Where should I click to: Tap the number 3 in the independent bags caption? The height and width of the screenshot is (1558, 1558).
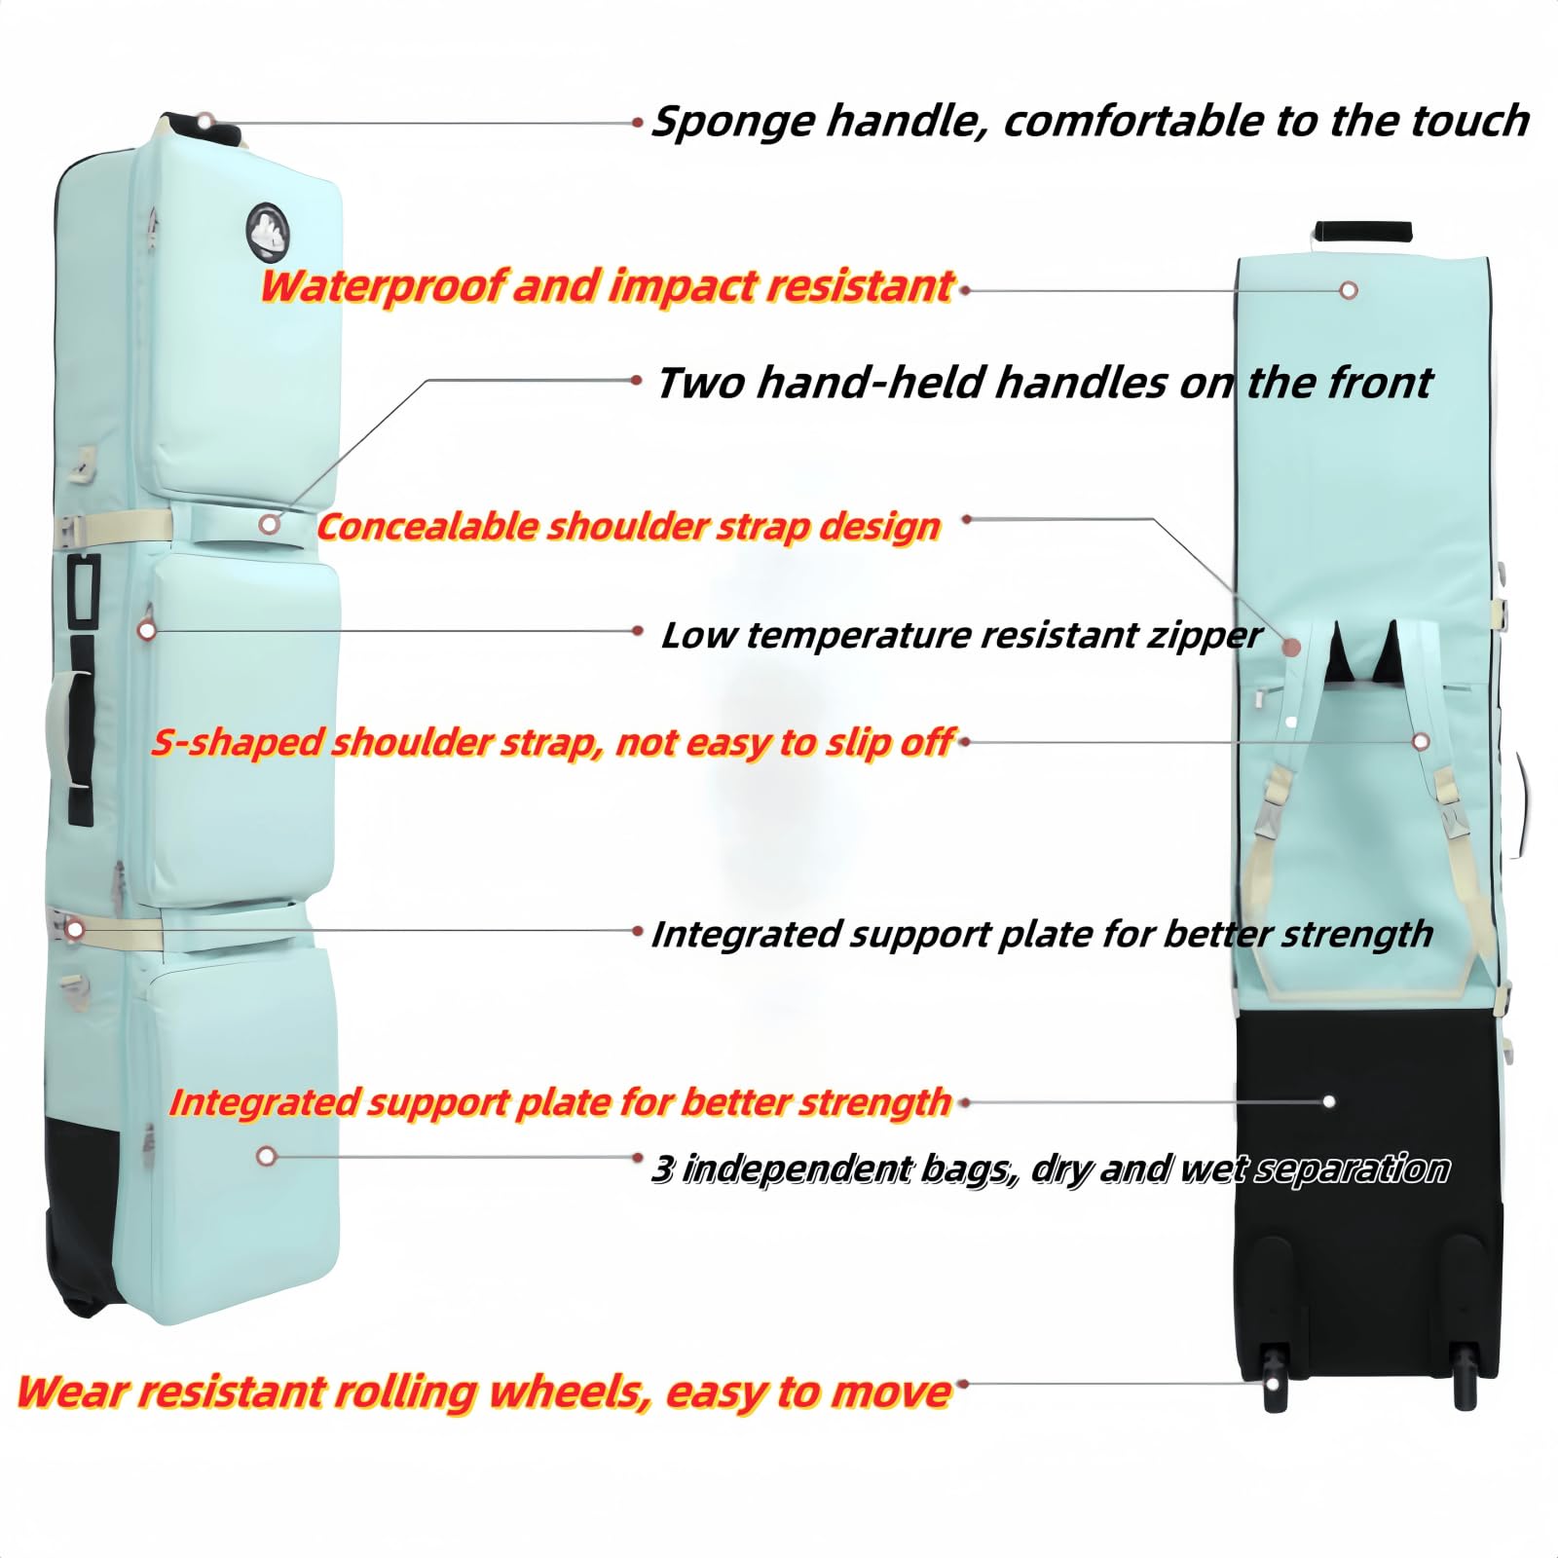(x=662, y=1168)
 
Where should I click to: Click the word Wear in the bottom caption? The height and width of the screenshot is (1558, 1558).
(x=69, y=1392)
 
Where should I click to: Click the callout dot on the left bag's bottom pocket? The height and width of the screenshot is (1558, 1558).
(x=267, y=1156)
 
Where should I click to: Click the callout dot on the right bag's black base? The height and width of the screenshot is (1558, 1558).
(x=1329, y=1102)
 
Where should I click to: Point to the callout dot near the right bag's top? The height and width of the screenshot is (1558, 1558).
(x=1349, y=290)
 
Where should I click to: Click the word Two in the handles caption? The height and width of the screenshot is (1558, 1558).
(x=702, y=383)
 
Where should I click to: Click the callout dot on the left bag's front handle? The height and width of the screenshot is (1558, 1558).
(x=270, y=524)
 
